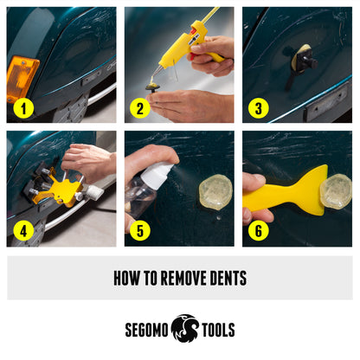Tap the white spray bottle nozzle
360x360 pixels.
coord(158,173)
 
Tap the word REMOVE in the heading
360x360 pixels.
coord(177,279)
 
